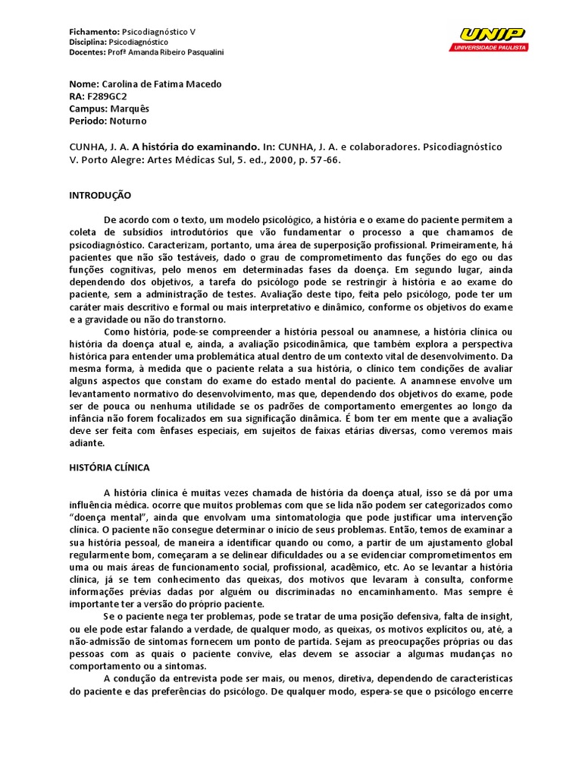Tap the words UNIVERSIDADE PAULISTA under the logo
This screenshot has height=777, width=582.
490,47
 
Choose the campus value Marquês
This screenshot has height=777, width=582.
127,109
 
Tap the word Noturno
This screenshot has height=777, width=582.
128,121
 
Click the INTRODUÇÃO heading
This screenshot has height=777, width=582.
100,195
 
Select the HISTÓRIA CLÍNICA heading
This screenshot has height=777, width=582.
109,468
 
